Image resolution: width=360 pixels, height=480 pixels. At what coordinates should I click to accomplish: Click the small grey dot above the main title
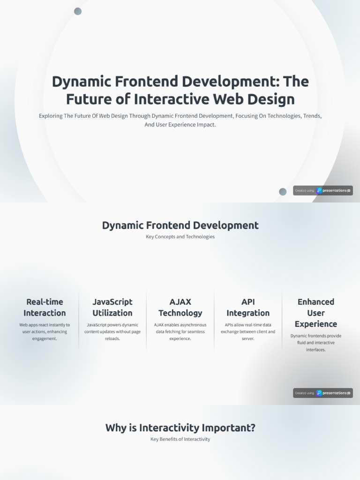point(78,11)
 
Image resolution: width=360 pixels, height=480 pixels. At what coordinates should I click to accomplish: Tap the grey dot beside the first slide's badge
point(283,191)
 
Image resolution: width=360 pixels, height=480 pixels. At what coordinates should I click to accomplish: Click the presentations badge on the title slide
point(323,190)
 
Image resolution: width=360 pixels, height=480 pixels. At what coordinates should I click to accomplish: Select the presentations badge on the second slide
point(323,393)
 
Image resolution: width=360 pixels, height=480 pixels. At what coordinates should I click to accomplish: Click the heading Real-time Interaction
point(45,307)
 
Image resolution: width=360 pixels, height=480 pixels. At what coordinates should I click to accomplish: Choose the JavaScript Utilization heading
point(112,307)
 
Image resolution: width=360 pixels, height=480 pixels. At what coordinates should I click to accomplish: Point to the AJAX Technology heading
point(180,307)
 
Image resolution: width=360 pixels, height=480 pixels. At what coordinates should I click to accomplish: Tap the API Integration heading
point(248,307)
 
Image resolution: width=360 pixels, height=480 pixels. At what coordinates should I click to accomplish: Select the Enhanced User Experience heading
point(316,313)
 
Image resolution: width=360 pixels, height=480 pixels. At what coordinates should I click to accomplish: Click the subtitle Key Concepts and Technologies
point(180,237)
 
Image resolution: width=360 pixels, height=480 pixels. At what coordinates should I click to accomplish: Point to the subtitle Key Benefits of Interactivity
point(180,439)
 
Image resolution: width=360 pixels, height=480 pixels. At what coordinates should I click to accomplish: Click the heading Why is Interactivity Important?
point(180,427)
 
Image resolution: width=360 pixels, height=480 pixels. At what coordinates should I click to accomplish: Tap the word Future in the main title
point(85,99)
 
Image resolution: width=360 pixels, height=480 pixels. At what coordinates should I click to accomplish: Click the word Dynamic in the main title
point(75,82)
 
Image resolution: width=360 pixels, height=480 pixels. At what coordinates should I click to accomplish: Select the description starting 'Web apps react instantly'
point(45,331)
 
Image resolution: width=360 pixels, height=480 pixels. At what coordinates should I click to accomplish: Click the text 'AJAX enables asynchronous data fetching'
point(180,331)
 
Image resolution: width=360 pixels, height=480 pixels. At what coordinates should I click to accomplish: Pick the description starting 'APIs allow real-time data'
point(248,331)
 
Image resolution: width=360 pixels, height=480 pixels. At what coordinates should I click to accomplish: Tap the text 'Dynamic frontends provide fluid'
point(316,343)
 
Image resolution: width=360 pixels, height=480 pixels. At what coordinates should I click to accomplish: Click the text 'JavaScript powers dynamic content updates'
point(112,331)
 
